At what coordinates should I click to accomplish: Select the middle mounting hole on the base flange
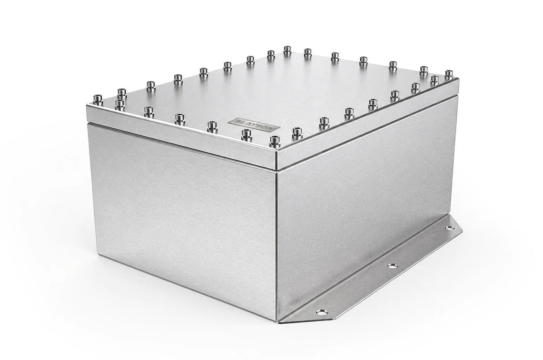(x=392, y=266)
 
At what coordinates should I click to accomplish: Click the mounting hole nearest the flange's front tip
(x=322, y=312)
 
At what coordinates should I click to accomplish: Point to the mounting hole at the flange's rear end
(x=449, y=228)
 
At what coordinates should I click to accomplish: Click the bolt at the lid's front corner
(x=274, y=141)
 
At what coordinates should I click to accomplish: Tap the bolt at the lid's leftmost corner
(x=98, y=100)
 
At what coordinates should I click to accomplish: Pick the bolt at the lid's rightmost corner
(x=449, y=74)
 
